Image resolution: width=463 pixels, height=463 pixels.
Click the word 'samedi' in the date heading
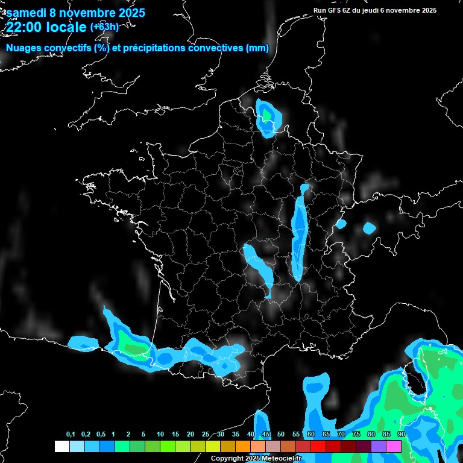coord(26,13)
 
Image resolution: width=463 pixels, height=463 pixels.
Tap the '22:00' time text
coord(25,28)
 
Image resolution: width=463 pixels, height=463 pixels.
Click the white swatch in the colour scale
coord(61,446)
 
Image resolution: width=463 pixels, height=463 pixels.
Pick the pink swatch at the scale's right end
coord(394,446)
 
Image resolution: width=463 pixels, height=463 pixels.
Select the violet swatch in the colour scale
coord(379,446)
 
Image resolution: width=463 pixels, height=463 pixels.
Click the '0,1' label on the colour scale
coord(71,435)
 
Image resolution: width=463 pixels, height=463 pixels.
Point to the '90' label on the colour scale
coord(401,435)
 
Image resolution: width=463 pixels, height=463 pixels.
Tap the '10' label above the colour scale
coord(160,435)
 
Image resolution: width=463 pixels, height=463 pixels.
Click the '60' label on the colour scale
coord(310,435)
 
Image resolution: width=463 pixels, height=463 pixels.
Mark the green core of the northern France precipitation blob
coord(266,113)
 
